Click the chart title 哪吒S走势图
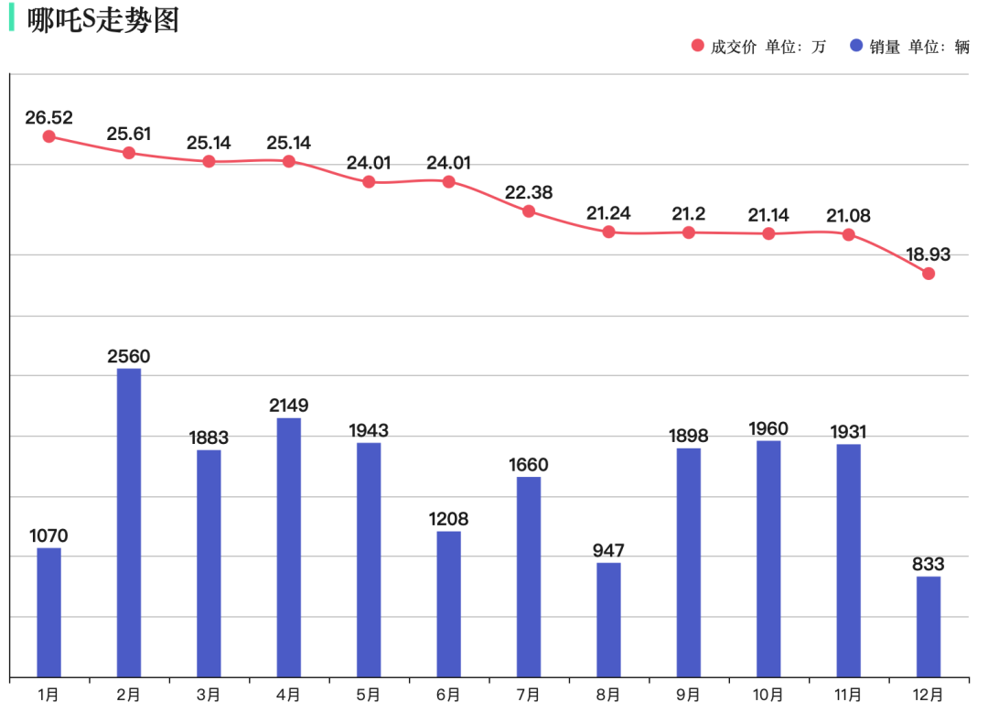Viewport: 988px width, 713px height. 102,20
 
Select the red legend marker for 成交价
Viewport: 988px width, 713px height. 698,46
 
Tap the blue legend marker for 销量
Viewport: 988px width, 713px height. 856,46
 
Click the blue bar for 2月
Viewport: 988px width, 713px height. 129,522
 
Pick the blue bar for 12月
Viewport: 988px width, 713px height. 929,626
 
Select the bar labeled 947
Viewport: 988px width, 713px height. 608,620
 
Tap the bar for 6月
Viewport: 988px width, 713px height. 448,604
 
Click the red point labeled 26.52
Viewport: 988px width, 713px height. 49,136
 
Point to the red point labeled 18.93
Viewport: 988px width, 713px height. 929,274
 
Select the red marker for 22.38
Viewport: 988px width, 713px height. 529,211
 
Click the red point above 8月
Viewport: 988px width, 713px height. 608,232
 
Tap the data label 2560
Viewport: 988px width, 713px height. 129,357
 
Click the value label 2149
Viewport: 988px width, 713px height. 288,405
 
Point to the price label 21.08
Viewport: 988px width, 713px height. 848,216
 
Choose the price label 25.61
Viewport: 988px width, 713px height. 129,135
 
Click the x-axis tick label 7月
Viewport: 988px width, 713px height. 529,695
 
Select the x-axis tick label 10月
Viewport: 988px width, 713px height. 768,695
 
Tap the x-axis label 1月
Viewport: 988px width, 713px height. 49,695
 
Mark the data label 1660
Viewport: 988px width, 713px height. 529,465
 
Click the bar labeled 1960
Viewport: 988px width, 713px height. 768,558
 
